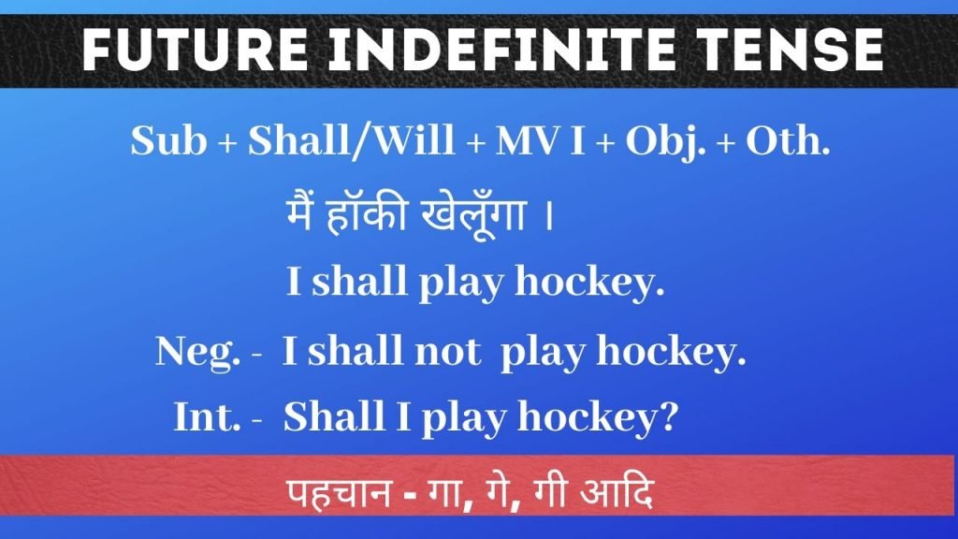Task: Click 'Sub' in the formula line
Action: point(168,140)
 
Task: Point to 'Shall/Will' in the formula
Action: point(352,141)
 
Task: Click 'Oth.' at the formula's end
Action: point(788,141)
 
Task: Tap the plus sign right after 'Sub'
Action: point(227,144)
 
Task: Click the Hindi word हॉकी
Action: point(367,215)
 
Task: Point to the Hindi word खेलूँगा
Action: point(473,217)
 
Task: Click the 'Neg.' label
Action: point(197,353)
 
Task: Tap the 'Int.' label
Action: point(207,416)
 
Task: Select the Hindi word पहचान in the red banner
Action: point(339,492)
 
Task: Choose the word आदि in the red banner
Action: point(617,491)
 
